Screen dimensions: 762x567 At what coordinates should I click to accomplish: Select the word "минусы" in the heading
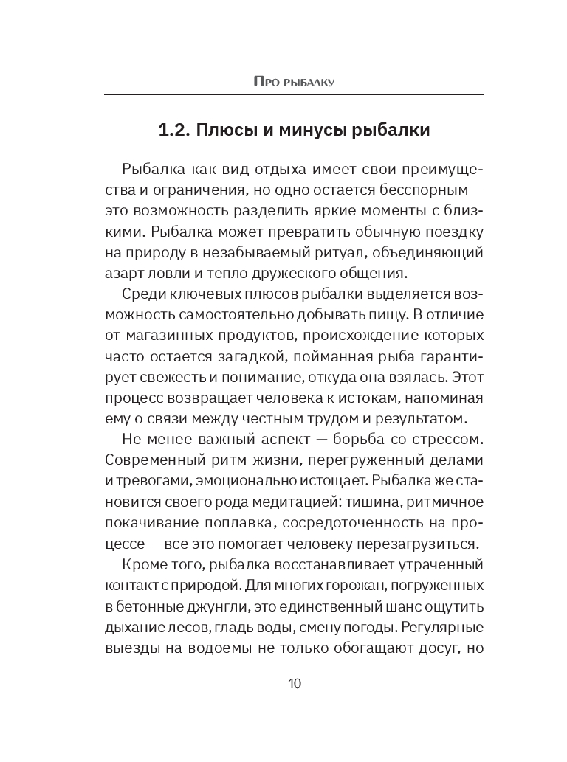(x=320, y=132)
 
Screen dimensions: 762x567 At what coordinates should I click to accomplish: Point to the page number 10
(x=294, y=683)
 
